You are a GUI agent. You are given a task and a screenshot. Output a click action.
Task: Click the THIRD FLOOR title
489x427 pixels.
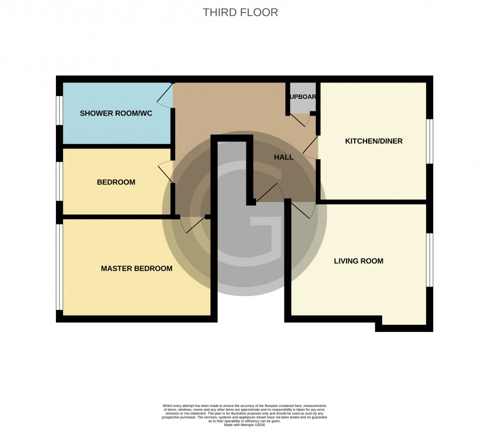pyautogui.click(x=240, y=12)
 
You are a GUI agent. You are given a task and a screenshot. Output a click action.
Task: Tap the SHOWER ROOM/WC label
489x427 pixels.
pyautogui.click(x=116, y=113)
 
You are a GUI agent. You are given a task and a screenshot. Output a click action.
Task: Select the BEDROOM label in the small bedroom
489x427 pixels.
pyautogui.click(x=116, y=182)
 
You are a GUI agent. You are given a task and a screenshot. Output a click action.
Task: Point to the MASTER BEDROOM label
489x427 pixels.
pyautogui.click(x=136, y=268)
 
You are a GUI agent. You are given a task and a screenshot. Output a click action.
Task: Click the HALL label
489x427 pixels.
pyautogui.click(x=283, y=157)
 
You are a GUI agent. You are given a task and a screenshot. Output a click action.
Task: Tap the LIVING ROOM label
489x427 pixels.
pyautogui.click(x=358, y=261)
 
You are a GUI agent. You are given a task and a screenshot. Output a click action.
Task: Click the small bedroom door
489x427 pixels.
pyautogui.click(x=166, y=173)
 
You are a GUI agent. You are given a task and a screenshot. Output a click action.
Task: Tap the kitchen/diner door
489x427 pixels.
pyautogui.click(x=310, y=148)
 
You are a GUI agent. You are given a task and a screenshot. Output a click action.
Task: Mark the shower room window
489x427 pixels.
pyautogui.click(x=59, y=110)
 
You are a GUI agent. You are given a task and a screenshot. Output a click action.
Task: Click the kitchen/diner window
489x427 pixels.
pyautogui.click(x=430, y=141)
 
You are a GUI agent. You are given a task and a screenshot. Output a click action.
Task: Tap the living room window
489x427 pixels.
pyautogui.click(x=430, y=259)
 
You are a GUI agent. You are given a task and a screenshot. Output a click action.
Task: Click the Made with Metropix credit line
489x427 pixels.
pyautogui.click(x=244, y=424)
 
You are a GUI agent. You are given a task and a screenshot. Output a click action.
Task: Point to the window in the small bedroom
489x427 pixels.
pyautogui.click(x=59, y=181)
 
